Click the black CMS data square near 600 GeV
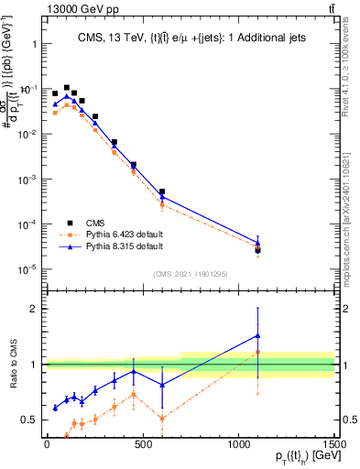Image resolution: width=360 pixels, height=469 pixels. (162, 192)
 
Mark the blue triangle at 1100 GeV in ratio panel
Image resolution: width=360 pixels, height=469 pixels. (258, 335)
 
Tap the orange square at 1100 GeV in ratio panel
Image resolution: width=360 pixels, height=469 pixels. (258, 352)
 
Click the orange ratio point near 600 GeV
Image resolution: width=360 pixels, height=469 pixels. (162, 419)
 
